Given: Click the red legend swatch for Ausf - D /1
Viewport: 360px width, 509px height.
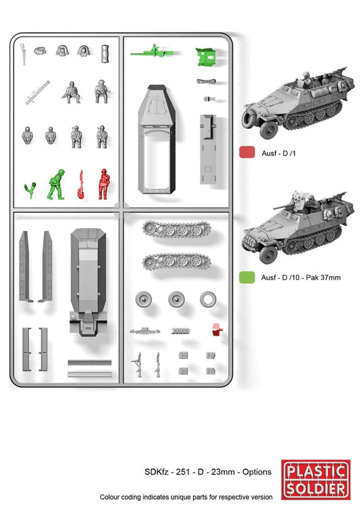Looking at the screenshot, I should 247,153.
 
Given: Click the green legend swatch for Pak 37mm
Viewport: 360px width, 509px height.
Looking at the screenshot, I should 247,277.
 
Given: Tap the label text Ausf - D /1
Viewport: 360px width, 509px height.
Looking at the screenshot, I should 274,153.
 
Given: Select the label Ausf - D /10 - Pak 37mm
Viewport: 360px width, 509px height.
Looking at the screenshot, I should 294,277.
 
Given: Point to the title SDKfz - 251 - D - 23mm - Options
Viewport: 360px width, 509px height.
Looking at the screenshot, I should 207,473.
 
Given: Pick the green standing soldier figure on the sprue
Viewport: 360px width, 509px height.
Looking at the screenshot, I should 55,184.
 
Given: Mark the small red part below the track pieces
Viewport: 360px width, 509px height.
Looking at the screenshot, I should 216,329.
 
